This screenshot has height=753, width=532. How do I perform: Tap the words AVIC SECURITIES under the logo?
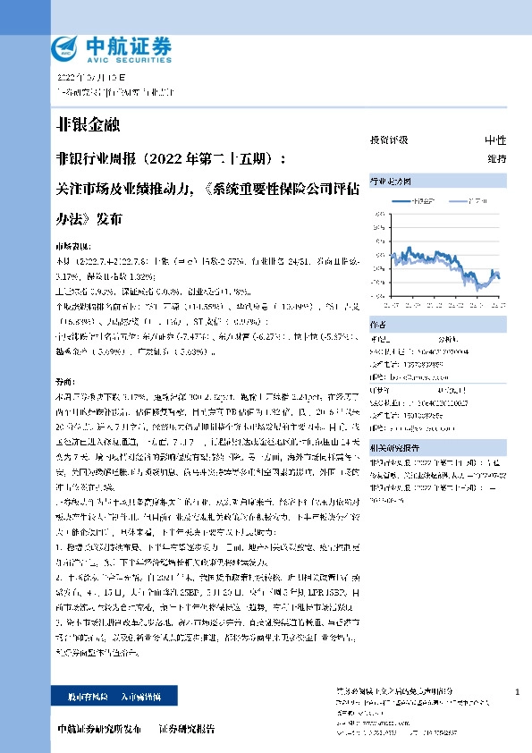point(120,56)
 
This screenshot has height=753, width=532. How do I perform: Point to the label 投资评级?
point(389,140)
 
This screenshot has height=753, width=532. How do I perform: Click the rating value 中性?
point(495,140)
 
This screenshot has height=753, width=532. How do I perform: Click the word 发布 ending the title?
point(110,217)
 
